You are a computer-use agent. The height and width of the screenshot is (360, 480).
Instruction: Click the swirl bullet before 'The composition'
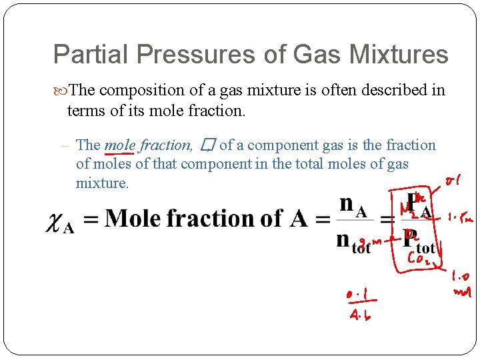(61, 90)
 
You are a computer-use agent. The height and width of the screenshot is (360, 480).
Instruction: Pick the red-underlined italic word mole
(119, 145)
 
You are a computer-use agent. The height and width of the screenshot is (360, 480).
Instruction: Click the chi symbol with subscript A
(59, 222)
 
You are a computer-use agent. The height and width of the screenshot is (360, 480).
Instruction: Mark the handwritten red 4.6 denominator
(361, 314)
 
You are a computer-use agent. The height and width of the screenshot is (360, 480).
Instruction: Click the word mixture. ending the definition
(103, 183)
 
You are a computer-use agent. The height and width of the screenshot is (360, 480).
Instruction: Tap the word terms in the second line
(85, 110)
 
